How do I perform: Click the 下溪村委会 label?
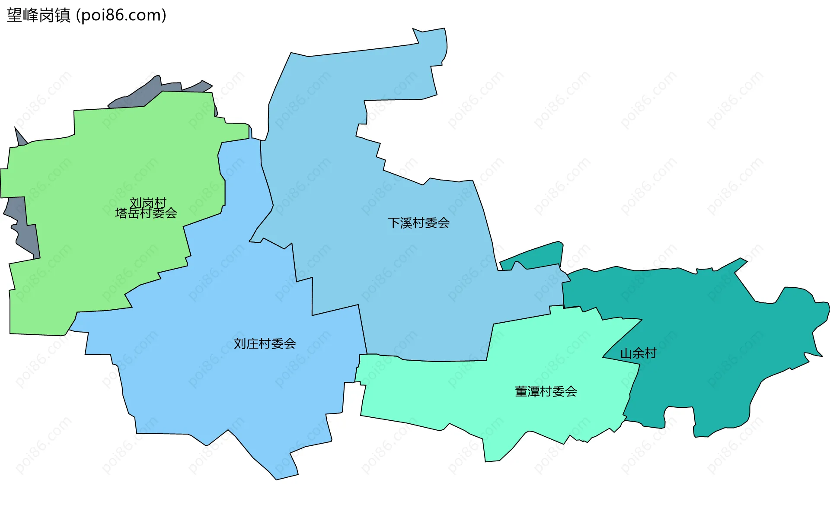[x=418, y=223]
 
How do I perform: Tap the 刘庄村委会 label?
[x=265, y=344]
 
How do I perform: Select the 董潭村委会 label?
[x=546, y=391]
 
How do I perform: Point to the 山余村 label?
[x=638, y=353]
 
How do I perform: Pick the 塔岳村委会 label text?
[x=146, y=213]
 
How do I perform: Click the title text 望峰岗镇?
[x=38, y=16]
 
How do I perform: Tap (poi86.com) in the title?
[x=121, y=16]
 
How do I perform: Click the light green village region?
[x=86, y=259]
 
